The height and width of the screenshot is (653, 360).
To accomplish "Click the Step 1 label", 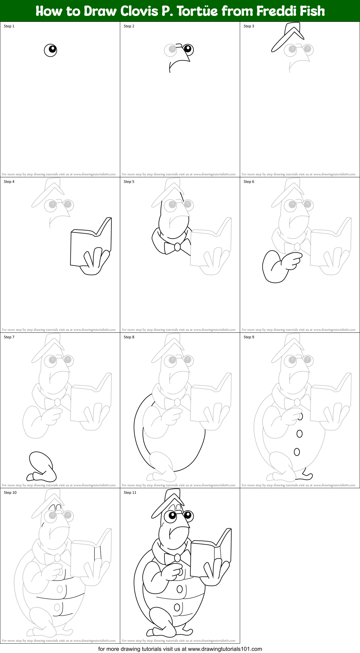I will coord(9,26).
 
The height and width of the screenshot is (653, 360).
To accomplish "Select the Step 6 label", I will coord(249,182).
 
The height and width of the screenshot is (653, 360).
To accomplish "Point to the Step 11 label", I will coord(130,493).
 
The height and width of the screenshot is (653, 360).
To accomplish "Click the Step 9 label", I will coord(249,337).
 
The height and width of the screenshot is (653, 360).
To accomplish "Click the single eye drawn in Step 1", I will coord(50,50).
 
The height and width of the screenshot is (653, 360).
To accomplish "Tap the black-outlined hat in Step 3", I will coord(288,36).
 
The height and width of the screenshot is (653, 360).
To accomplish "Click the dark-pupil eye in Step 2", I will coord(188,49).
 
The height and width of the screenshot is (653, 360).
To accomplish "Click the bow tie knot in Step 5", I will coord(177,247).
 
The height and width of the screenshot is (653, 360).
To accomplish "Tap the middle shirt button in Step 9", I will coord(300,433).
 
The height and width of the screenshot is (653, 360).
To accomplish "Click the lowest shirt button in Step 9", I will coord(297,452).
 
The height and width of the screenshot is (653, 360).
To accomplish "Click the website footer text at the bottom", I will coord(180,649).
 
